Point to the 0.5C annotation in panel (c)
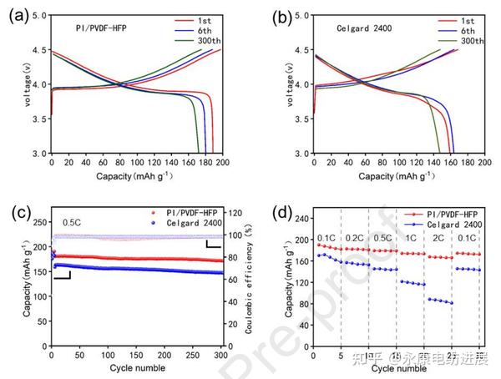click(x=73, y=224)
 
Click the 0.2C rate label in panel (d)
click(x=354, y=237)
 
